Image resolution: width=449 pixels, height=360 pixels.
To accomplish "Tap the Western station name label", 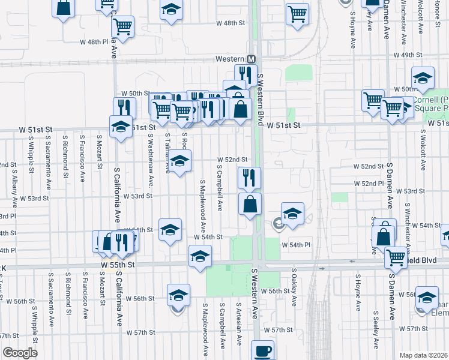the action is click(x=231, y=59).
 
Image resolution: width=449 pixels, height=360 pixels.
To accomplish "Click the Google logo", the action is click(x=20, y=353).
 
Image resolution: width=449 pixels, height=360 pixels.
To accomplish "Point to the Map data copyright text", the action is click(x=424, y=355).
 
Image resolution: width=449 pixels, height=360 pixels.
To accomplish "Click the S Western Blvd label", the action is click(x=261, y=99).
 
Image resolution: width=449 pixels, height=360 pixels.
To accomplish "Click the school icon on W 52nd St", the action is click(x=179, y=160).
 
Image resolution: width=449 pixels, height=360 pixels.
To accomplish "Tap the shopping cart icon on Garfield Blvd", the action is click(x=396, y=257).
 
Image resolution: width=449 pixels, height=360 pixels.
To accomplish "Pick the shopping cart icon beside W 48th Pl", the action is click(x=122, y=26).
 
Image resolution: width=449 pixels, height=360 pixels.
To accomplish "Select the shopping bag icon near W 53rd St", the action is click(x=250, y=203).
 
